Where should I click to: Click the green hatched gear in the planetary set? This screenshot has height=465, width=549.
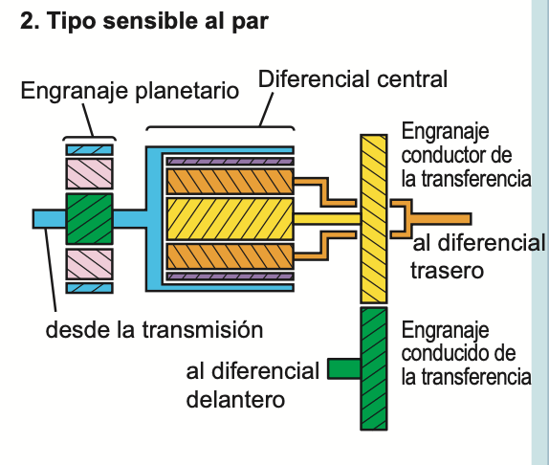[89, 220]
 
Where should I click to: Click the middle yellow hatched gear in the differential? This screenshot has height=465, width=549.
[229, 218]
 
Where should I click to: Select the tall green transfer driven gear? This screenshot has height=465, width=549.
[373, 368]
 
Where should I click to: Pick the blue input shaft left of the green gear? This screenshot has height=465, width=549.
[49, 219]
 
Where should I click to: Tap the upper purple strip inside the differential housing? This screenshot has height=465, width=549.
[229, 159]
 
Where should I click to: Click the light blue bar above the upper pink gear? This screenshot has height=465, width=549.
[89, 149]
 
